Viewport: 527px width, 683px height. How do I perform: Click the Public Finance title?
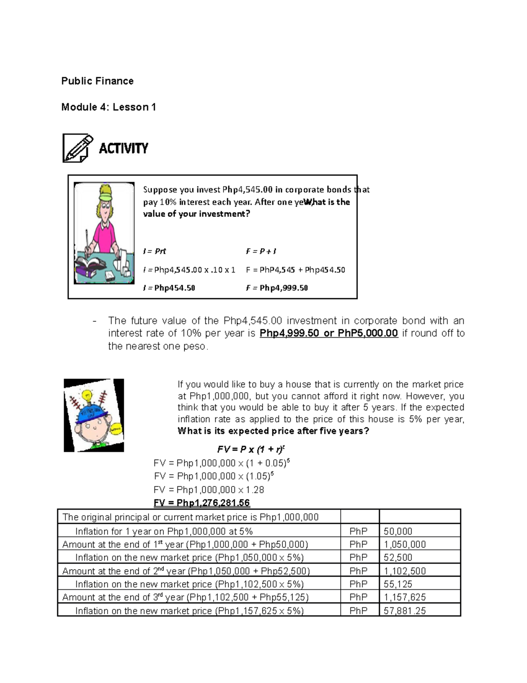point(97,81)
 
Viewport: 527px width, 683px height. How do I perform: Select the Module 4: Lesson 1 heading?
point(108,107)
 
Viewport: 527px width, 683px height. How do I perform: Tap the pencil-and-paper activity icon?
point(78,148)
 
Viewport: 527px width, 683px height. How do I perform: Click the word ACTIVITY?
point(123,149)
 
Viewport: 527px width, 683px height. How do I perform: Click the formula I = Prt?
point(155,251)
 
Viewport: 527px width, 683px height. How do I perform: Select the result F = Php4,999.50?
point(277,288)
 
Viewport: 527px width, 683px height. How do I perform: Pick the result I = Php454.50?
point(169,288)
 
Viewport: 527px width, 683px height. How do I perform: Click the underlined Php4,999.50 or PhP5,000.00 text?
point(328,333)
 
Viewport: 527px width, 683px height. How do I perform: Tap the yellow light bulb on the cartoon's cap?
point(87,394)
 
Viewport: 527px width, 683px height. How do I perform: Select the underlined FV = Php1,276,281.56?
point(202,503)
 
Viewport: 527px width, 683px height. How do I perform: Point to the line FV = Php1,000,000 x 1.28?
point(209,489)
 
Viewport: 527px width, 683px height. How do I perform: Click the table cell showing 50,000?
point(398,531)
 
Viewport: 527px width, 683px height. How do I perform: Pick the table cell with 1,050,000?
point(404,544)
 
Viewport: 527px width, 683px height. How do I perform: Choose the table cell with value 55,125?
point(398,584)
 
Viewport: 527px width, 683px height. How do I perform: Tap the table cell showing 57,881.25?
point(404,610)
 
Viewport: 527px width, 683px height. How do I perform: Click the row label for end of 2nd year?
point(186,571)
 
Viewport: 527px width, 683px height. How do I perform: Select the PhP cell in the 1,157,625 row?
point(358,597)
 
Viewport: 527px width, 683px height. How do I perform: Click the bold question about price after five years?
point(273,431)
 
